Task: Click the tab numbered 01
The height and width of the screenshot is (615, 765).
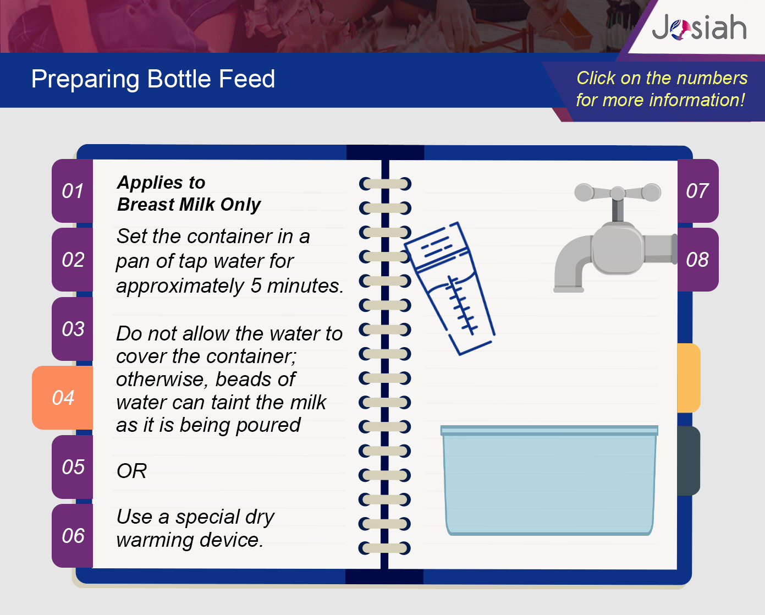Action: pos(73,191)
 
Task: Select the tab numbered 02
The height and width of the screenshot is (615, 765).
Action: pos(73,260)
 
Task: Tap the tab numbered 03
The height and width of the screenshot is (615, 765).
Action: pos(73,328)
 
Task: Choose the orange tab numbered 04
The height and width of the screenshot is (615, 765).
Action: pos(63,397)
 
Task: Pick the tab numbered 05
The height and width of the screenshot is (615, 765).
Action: pos(73,466)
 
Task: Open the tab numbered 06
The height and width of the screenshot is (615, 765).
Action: pos(73,536)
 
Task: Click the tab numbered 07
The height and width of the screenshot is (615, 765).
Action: pos(698,191)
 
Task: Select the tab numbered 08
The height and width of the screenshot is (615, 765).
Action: pos(698,260)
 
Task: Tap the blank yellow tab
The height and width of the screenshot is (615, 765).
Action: pos(689,378)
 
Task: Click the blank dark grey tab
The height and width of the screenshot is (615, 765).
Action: pos(689,460)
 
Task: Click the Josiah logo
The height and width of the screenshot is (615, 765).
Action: pos(699,27)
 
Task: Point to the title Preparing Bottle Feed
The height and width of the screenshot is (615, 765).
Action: pos(153,79)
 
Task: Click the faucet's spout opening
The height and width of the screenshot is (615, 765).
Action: pos(569,290)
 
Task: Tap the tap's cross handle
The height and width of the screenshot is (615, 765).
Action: pos(618,193)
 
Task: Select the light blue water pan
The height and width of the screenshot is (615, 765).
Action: pos(549,480)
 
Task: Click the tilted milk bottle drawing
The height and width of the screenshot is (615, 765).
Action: pos(450,288)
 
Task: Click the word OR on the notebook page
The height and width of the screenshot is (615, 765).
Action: pos(131,471)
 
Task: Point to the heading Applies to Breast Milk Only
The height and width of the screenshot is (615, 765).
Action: pos(189,194)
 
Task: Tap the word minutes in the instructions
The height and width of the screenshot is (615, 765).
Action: pos(305,285)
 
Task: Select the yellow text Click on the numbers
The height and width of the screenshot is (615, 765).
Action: pos(662,78)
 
